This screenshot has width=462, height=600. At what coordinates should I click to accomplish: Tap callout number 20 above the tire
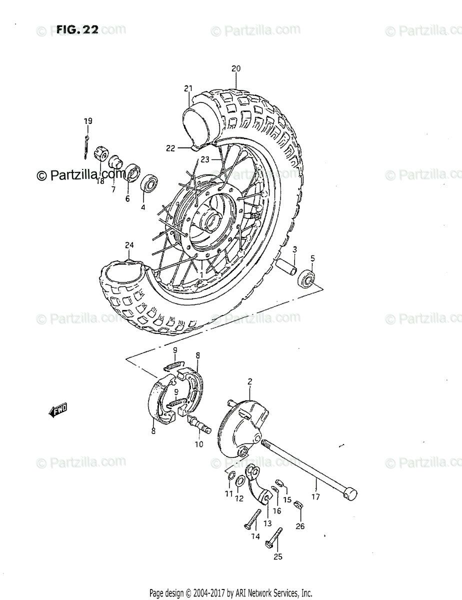[236, 69]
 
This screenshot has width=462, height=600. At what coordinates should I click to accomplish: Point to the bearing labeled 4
[148, 183]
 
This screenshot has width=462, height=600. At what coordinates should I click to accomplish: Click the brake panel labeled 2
[244, 422]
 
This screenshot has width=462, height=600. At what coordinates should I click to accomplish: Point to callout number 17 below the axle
[315, 497]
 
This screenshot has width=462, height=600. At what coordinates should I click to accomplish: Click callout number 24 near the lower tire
[129, 245]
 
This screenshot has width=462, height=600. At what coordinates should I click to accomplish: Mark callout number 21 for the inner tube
[188, 88]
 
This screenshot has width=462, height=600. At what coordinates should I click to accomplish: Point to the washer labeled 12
[239, 481]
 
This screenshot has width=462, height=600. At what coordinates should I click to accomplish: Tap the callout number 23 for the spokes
[204, 159]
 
